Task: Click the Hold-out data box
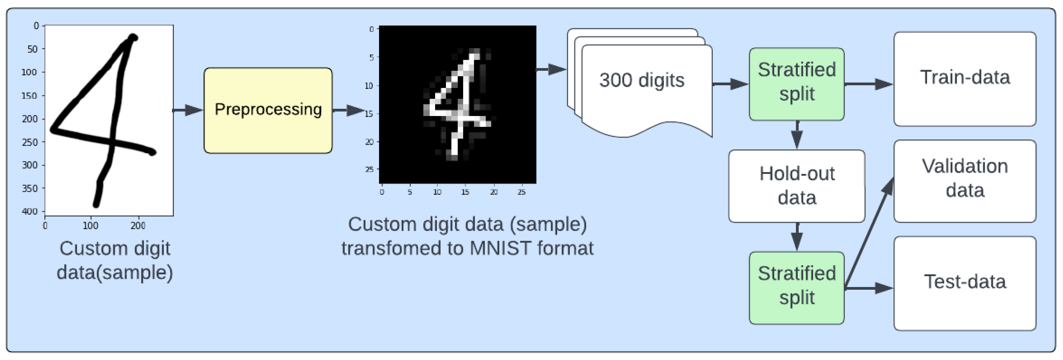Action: click(797, 186)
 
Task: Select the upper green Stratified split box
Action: click(797, 84)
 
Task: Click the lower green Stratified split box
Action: click(797, 288)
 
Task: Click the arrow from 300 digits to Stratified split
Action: click(730, 84)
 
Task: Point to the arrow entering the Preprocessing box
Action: click(188, 110)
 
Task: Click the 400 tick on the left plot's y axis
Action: click(30, 211)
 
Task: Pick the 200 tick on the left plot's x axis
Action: click(138, 226)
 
